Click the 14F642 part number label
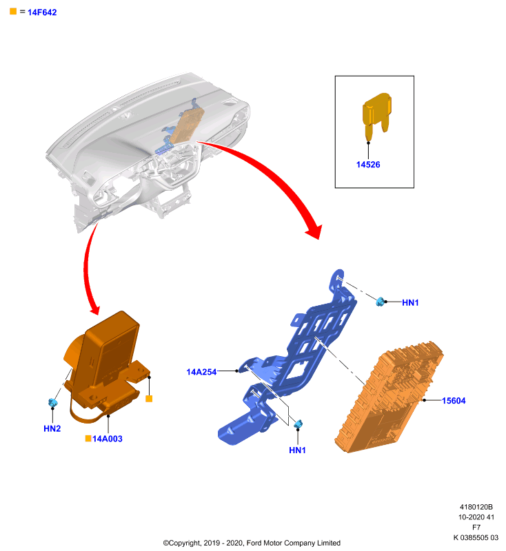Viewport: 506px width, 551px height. (x=42, y=12)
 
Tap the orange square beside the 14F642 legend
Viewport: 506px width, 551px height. (x=13, y=11)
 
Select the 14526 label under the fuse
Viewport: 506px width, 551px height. (x=368, y=165)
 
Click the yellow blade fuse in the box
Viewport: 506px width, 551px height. (x=377, y=115)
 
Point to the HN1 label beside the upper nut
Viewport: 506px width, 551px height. (x=410, y=302)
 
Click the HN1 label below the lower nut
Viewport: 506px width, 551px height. (x=297, y=450)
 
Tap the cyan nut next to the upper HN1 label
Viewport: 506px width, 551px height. (x=380, y=302)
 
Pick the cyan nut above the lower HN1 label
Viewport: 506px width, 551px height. (x=298, y=424)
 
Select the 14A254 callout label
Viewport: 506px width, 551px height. (x=201, y=372)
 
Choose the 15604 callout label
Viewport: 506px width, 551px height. (x=454, y=401)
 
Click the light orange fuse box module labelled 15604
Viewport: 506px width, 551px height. (x=389, y=397)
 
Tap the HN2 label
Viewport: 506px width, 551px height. (x=52, y=428)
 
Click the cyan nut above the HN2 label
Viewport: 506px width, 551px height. (x=53, y=403)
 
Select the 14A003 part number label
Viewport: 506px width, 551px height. (x=108, y=439)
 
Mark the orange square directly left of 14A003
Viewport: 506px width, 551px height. (x=88, y=438)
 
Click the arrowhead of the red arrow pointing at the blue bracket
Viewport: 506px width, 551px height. (x=314, y=231)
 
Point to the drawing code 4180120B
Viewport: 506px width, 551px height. (x=476, y=507)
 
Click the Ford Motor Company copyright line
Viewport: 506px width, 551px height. (x=252, y=543)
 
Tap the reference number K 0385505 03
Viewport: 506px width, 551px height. (x=476, y=538)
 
